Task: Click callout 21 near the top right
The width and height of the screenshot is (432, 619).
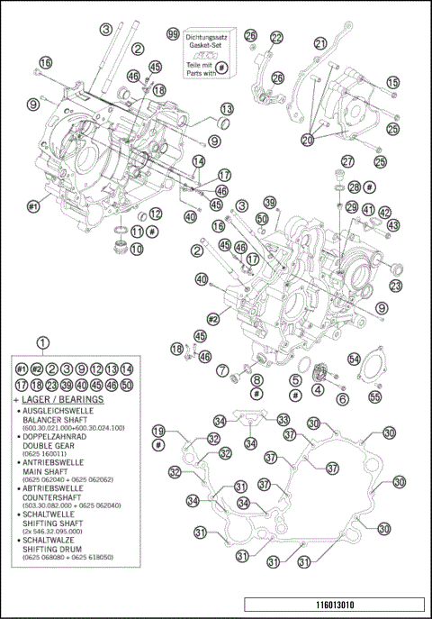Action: pos(320,42)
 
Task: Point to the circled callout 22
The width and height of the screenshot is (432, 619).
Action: pos(276,37)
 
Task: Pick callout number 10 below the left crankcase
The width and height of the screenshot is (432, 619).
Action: pos(136,249)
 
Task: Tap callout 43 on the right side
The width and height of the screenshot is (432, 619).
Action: pos(392,225)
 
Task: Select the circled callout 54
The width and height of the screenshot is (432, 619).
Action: pos(354,360)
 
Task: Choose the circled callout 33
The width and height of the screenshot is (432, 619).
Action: pos(283,419)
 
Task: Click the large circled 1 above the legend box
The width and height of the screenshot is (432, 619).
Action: pos(42,342)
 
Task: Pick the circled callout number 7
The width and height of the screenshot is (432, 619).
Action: pos(221,369)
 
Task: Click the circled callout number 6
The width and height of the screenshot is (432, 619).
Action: pos(342,397)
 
